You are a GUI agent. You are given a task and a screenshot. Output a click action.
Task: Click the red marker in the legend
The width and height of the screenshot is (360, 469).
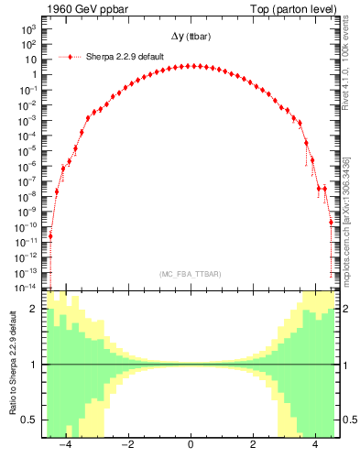71,57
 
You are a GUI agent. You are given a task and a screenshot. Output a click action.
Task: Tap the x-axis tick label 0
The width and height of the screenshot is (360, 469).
191,445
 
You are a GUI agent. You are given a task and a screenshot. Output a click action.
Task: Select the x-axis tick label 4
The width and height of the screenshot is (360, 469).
316,445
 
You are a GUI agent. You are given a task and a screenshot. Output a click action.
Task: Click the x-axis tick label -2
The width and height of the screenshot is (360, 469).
127,445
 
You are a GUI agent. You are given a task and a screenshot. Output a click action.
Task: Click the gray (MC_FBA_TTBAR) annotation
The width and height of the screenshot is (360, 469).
190,275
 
